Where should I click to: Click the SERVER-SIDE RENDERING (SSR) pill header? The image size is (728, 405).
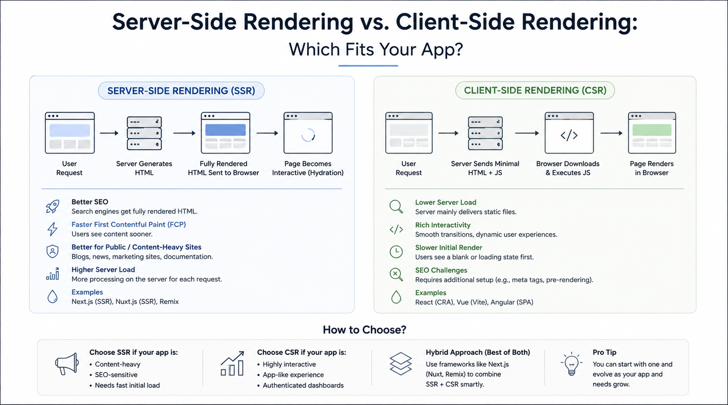(x=181, y=91)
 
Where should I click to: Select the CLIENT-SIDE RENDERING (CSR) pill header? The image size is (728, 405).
(x=535, y=91)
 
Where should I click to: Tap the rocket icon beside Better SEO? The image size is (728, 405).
(x=52, y=206)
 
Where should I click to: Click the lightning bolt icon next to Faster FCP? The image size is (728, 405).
(x=52, y=229)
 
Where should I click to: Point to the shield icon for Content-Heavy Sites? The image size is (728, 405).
(x=52, y=251)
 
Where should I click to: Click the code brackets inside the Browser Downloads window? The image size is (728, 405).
(x=569, y=135)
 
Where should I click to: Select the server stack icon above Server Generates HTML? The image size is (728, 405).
(x=144, y=133)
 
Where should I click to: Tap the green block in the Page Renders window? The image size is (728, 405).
(x=652, y=130)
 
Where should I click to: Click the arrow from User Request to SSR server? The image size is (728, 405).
(x=109, y=133)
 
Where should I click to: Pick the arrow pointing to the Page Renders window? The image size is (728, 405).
(x=612, y=133)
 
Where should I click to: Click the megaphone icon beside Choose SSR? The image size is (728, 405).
(x=67, y=364)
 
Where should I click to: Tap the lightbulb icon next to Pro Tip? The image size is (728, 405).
(x=571, y=364)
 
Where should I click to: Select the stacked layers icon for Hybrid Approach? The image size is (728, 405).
(x=401, y=364)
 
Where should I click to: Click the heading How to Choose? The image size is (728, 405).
(x=364, y=330)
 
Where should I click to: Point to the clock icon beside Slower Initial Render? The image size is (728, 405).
(x=396, y=252)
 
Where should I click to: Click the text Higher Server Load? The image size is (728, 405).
(x=103, y=270)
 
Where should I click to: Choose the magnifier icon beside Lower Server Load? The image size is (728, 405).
(x=396, y=207)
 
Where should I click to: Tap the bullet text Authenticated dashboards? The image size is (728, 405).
(x=303, y=385)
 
